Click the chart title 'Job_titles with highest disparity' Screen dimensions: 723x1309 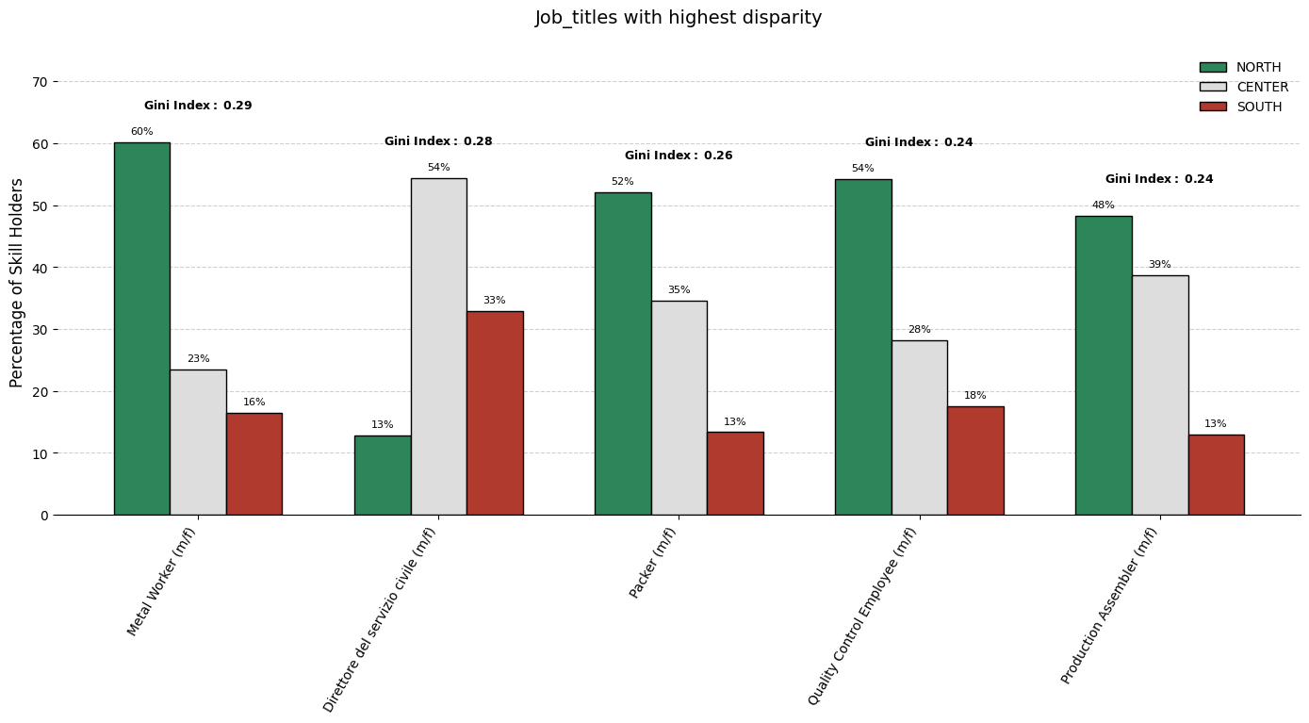(678, 18)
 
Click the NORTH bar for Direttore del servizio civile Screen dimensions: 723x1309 (383, 475)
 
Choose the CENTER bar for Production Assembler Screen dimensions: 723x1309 (1159, 395)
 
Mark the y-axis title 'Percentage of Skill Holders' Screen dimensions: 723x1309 (17, 283)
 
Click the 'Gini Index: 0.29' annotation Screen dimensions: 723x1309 (198, 106)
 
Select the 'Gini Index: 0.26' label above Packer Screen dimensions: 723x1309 (679, 156)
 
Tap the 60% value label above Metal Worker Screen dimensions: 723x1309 (141, 132)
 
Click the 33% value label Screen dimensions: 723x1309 (494, 301)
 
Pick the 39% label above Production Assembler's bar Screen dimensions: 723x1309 (1159, 265)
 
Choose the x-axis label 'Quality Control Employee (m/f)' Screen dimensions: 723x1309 (862, 616)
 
